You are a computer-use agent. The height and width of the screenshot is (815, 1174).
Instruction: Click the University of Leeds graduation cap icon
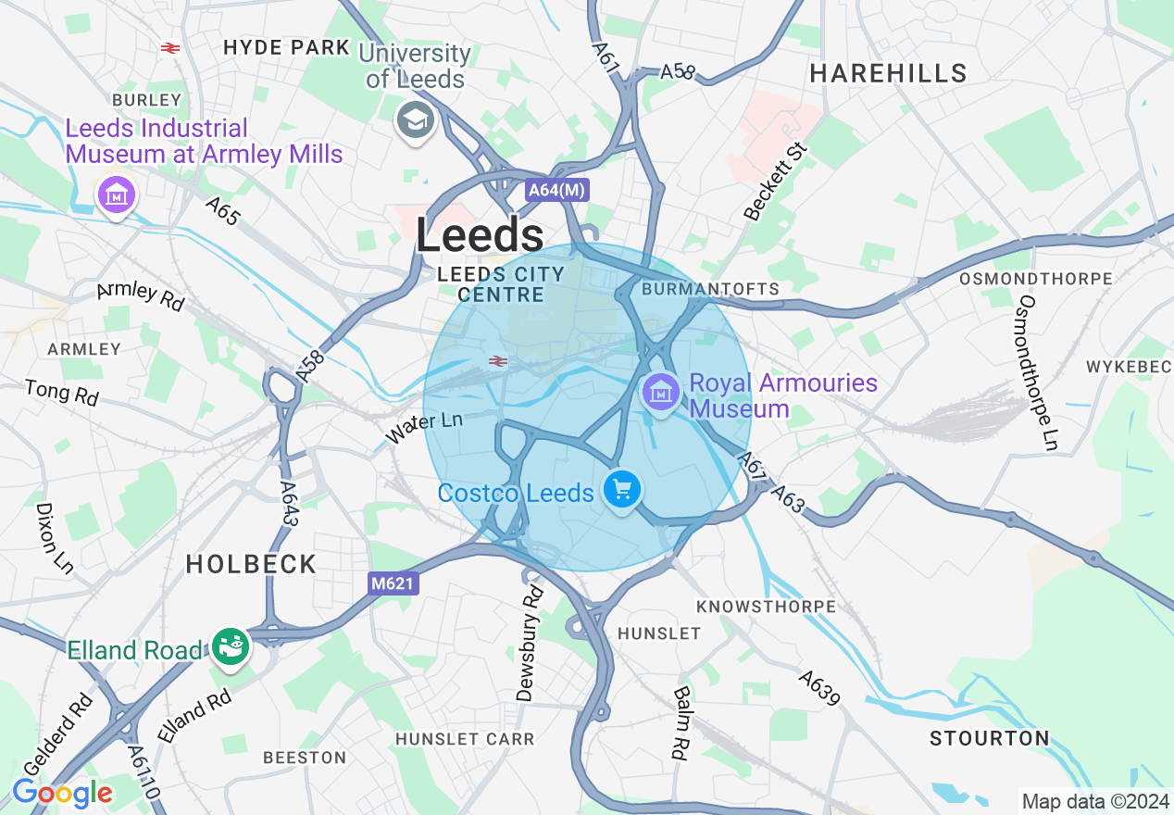coord(416,120)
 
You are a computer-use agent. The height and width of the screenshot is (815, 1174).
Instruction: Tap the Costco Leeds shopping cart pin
coord(622,488)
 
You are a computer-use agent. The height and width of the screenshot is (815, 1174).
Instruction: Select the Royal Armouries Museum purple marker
coord(660,393)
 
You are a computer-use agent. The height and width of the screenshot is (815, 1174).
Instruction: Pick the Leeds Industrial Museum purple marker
coord(117,194)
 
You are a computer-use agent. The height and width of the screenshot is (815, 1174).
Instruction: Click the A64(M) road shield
coord(556,191)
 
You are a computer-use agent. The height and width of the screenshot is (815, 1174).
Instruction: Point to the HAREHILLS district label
coord(889,74)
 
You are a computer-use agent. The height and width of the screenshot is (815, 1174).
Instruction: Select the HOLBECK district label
coord(251,564)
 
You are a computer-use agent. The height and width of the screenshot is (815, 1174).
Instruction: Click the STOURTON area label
coord(990,739)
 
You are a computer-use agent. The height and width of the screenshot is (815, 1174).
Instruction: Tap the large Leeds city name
coord(480,236)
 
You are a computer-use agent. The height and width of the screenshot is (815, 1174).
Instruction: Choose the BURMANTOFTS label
coord(711,289)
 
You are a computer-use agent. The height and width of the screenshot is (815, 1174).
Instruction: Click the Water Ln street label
coord(424,427)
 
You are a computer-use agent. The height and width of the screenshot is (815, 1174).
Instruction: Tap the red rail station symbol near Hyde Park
coord(169,48)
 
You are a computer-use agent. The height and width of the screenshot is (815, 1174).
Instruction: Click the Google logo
coord(62,793)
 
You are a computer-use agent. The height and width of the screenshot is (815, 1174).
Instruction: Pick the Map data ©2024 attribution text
coord(1094,800)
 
